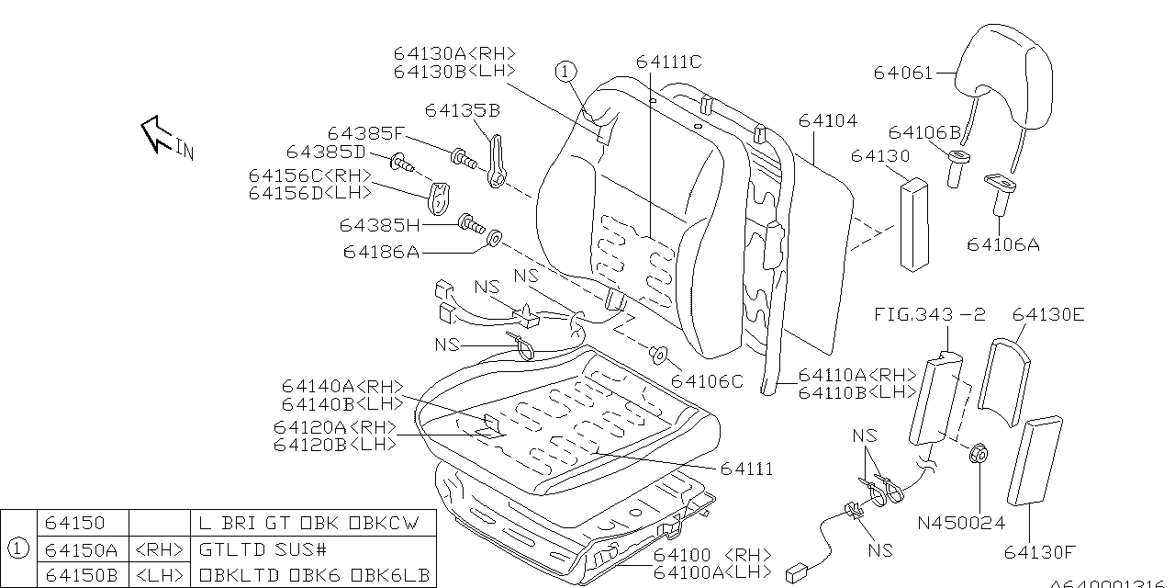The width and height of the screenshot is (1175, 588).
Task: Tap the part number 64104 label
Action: click(x=827, y=120)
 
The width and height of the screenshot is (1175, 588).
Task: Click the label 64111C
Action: click(x=668, y=62)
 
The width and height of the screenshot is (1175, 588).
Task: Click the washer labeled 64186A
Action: click(x=493, y=240)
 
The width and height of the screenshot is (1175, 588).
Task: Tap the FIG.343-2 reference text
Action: click(x=929, y=315)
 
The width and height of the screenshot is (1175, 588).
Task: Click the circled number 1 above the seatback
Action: click(x=565, y=71)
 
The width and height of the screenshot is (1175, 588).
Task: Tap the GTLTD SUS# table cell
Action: click(x=262, y=549)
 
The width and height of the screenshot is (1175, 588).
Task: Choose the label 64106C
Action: click(x=707, y=381)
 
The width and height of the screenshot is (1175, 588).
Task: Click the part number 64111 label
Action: click(x=746, y=469)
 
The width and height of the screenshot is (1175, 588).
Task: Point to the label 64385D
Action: click(x=326, y=152)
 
